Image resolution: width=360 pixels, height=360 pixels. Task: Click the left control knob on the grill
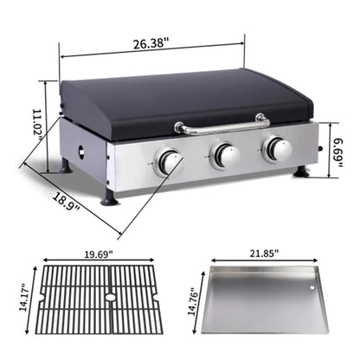coord(168,161)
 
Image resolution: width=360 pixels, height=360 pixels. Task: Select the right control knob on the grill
coord(277,150)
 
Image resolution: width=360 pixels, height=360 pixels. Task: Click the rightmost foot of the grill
coord(300,172)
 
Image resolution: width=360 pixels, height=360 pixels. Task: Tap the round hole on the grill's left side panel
coord(83,153)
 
